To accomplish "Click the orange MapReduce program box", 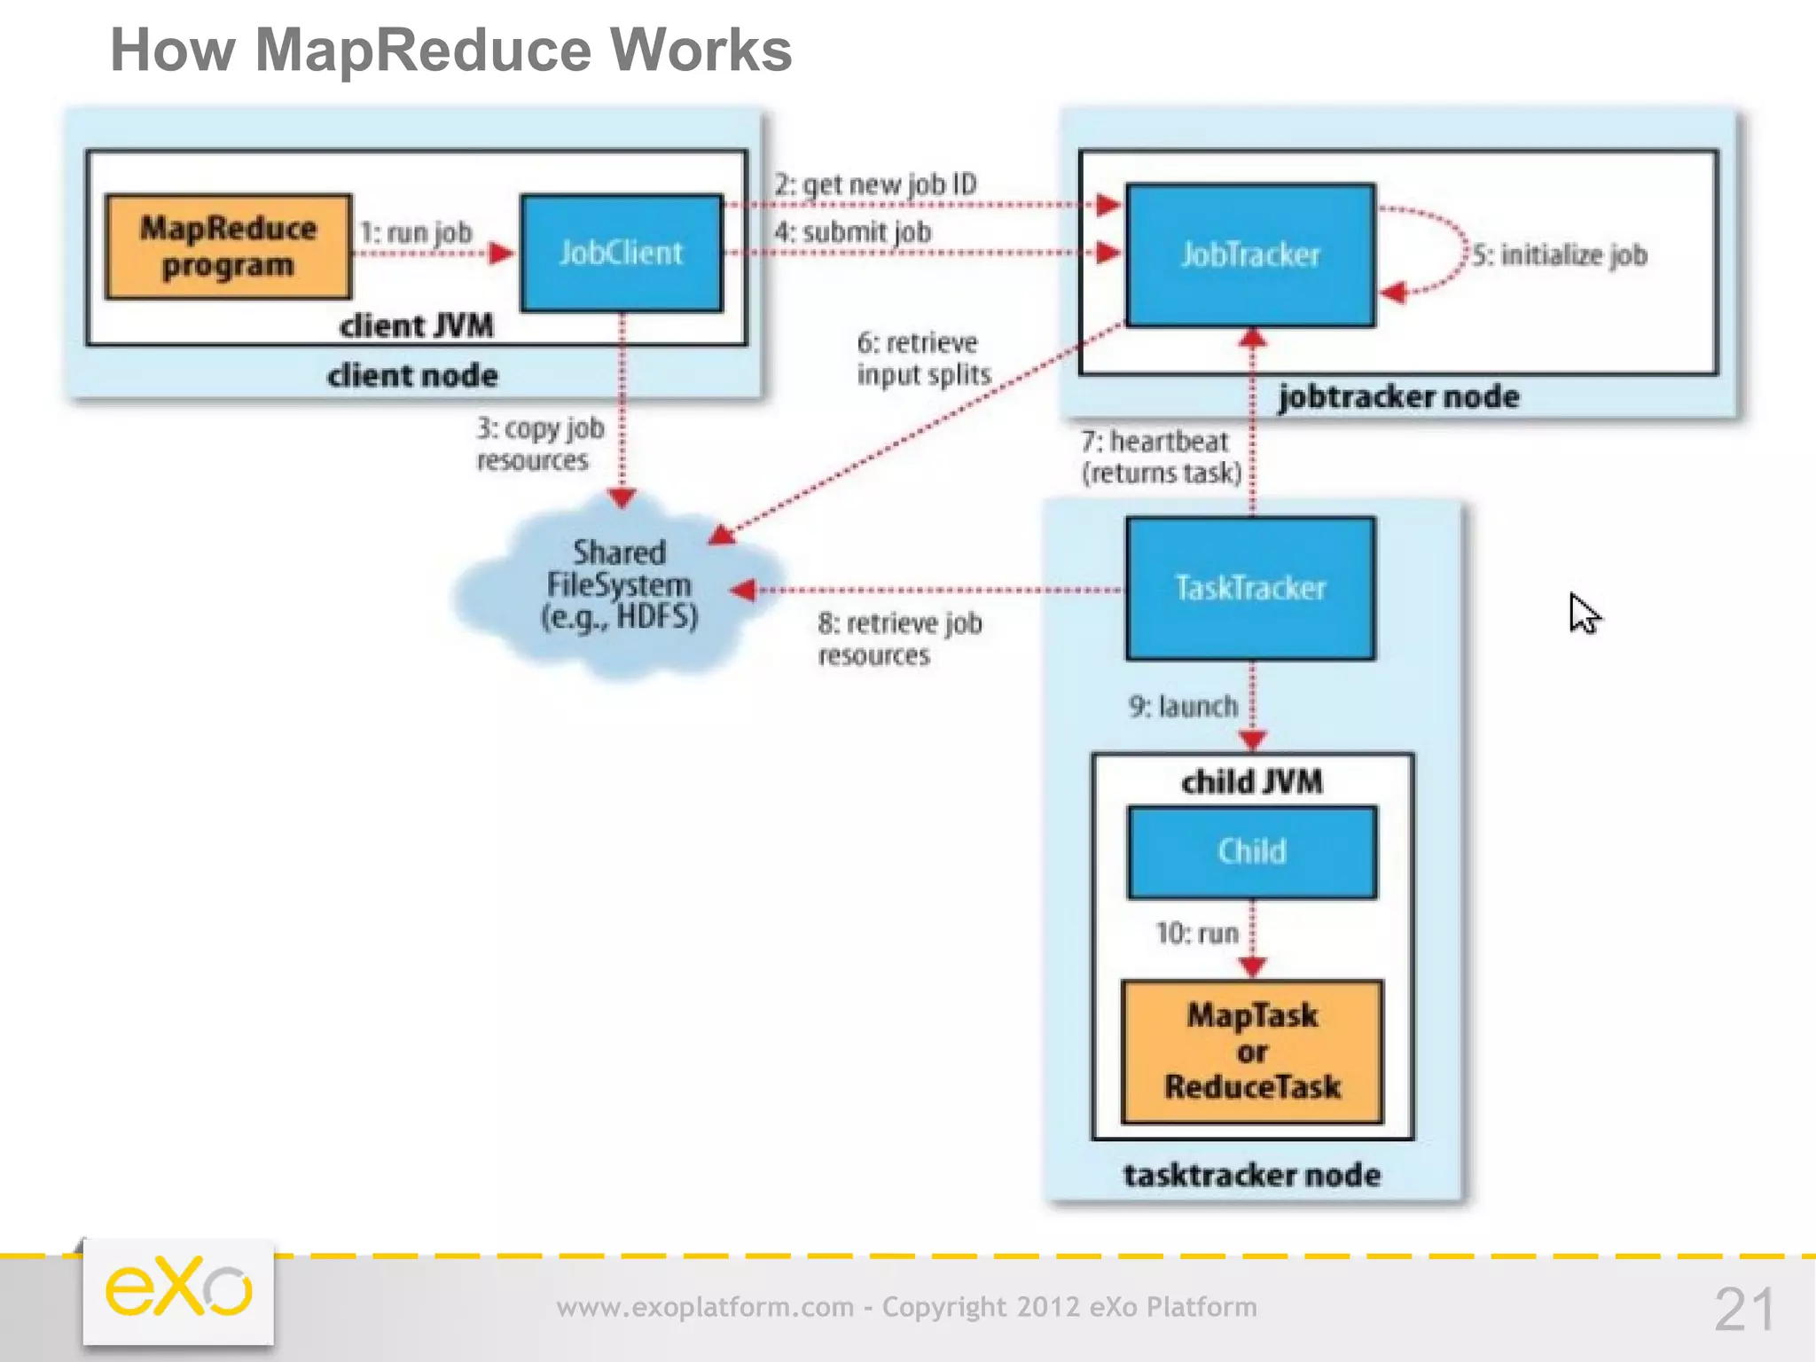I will [228, 247].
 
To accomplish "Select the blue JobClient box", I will [622, 254].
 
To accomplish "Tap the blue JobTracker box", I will [1250, 255].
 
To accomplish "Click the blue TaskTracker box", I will [1250, 588].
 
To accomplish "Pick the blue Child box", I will [1252, 851].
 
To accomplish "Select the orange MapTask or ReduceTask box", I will [1252, 1052].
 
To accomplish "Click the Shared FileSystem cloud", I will [619, 585].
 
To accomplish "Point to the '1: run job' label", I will [416, 232].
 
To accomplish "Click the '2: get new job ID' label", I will [875, 184].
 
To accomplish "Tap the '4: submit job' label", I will [852, 232].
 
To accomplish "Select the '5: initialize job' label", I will [1560, 255].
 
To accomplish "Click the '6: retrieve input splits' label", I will [922, 358].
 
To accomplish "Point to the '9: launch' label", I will [1183, 707].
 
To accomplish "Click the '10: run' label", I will [1196, 933].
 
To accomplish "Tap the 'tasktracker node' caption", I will [1252, 1175].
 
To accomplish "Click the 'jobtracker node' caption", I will [1398, 396].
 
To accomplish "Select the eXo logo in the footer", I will [178, 1289].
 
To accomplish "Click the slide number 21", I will [1744, 1309].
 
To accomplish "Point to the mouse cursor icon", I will [1584, 613].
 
